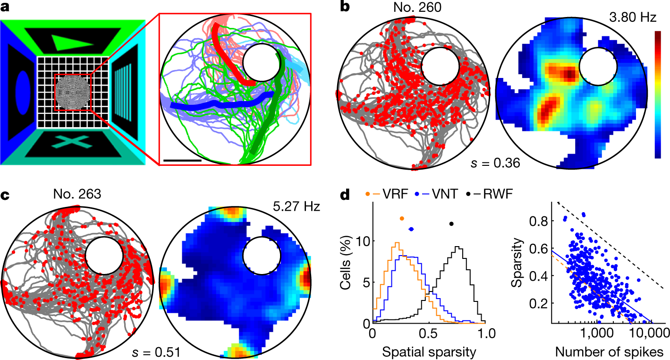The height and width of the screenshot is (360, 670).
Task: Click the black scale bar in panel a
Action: click(x=183, y=160)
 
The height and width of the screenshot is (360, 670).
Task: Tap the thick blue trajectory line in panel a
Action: click(x=217, y=104)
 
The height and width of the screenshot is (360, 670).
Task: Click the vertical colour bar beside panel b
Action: click(x=657, y=94)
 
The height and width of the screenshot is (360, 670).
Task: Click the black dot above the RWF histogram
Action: click(x=451, y=224)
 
